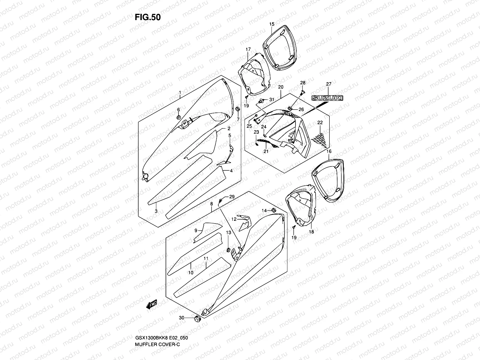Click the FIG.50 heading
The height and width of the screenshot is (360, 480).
147,17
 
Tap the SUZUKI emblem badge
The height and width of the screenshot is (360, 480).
327,98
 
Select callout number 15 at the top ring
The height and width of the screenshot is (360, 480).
271,24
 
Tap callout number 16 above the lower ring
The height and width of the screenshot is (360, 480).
329,152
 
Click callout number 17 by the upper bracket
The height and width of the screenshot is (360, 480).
248,49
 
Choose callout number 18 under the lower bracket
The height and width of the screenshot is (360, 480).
311,232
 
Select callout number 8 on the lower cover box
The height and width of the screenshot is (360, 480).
211,204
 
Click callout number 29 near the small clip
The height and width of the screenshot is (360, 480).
232,197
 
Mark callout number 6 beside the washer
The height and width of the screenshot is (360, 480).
178,109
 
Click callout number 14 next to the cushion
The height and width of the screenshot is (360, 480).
264,210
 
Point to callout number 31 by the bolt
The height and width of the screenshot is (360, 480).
271,100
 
